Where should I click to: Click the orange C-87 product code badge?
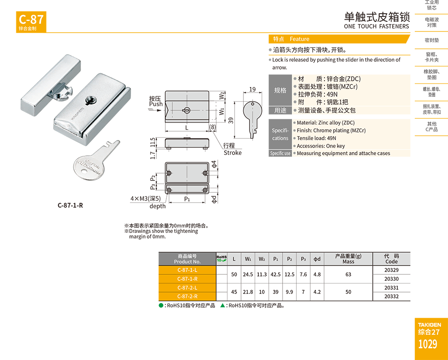[x=31, y=22]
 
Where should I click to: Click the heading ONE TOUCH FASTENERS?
[x=376, y=26]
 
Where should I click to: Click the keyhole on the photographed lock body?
[x=91, y=100]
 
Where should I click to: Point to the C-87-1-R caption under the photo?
[x=70, y=205]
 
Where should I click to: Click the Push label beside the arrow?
[x=156, y=104]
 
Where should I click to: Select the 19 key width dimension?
[x=252, y=89]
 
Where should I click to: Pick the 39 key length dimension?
[x=231, y=120]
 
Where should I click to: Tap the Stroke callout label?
[x=232, y=153]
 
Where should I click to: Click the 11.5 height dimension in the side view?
[x=153, y=142]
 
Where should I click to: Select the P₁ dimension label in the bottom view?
[x=187, y=199]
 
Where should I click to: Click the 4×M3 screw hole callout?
[x=145, y=198]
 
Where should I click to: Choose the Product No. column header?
[x=187, y=259]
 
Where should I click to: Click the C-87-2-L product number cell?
[x=187, y=288]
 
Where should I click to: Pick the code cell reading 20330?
[x=391, y=279]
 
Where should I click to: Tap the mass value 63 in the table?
[x=348, y=274]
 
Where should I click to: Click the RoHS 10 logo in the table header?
[x=221, y=258]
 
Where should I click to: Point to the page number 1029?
[x=427, y=344]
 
